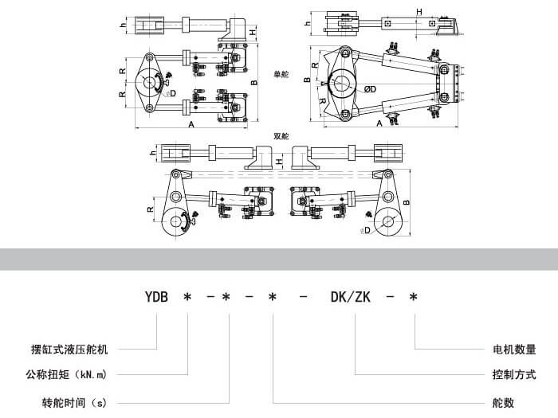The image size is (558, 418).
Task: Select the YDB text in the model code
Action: point(156,298)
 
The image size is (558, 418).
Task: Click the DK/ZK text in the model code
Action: point(350,298)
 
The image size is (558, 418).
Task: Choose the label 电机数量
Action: point(514,350)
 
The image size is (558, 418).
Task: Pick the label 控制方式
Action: point(514,374)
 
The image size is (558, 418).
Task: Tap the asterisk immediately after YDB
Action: point(187,298)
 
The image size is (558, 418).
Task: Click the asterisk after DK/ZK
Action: point(413,298)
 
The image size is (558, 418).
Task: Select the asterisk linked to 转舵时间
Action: point(226,298)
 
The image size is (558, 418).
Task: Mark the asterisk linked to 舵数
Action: point(272,298)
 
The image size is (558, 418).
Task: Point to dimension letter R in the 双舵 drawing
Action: point(151,210)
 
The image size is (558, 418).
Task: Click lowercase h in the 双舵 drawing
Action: point(151,150)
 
